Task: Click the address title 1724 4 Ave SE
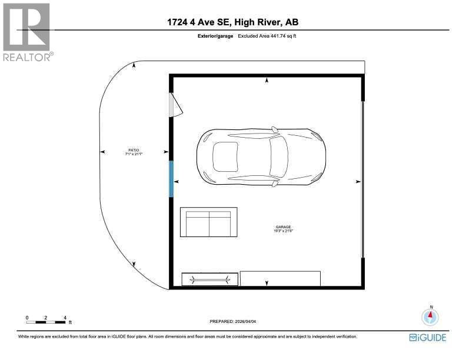(x=199, y=23)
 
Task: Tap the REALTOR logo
(x=27, y=32)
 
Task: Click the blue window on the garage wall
(x=171, y=179)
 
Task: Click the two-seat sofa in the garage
(x=208, y=222)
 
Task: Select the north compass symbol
(x=431, y=317)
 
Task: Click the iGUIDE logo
(x=428, y=337)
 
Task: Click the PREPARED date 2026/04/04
(x=234, y=322)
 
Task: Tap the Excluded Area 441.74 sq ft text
(x=265, y=36)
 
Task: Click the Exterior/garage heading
(x=216, y=36)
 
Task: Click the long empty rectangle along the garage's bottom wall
(x=281, y=278)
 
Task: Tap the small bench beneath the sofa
(x=210, y=279)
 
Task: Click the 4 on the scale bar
(x=65, y=318)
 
